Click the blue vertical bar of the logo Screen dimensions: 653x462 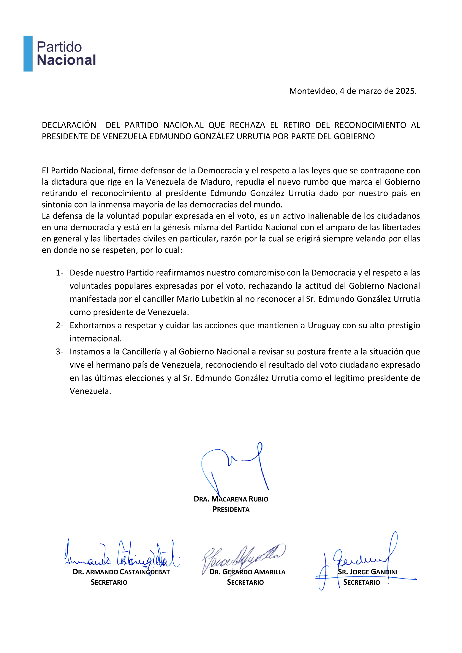pos(28,53)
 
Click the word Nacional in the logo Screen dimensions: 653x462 pos(66,60)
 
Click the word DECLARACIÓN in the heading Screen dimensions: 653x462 pos(69,125)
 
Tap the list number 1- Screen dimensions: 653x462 pos(59,273)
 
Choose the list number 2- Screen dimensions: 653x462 pos(59,325)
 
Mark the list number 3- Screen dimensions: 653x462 pos(59,352)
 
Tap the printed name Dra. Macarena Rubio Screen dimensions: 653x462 pos(231,499)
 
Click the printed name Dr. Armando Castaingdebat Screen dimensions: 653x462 pos(121,572)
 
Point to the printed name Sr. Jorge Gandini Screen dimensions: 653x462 pos(368,572)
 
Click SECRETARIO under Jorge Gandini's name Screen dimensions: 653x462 pos(362,582)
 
